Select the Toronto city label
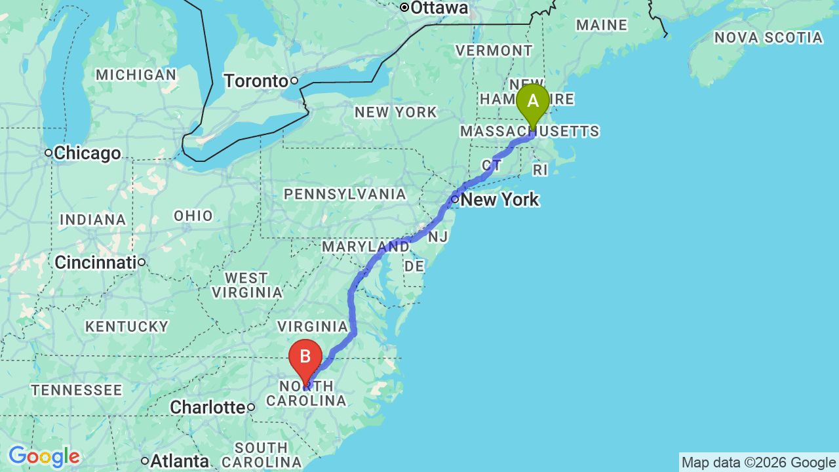(256, 81)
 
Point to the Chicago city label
(87, 153)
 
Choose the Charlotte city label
(207, 408)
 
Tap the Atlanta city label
(179, 462)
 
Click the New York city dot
(455, 199)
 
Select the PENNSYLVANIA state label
(345, 194)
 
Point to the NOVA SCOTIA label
(768, 38)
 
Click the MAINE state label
(602, 26)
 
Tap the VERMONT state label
(494, 50)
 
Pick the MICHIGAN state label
(136, 75)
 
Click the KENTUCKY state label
(127, 326)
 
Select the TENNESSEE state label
(77, 391)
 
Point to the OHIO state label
(193, 216)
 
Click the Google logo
(44, 456)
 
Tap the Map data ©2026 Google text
(758, 463)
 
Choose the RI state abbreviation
(539, 170)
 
